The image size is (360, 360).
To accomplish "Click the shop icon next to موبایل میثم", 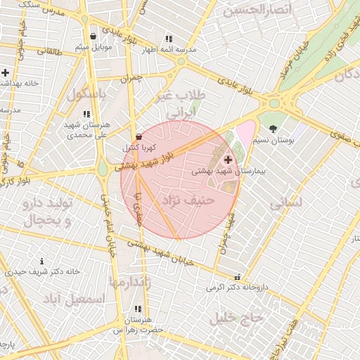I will [93, 37].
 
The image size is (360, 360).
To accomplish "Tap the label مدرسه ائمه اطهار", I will [168, 50].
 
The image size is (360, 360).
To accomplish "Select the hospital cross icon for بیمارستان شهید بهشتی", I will [227, 160].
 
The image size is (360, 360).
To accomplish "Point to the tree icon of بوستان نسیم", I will [273, 128].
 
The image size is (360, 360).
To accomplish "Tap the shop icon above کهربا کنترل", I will [138, 136].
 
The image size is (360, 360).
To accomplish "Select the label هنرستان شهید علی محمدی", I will [85, 128].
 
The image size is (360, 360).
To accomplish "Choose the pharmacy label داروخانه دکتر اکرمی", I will [234, 288].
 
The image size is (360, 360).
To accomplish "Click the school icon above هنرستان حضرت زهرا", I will [138, 309].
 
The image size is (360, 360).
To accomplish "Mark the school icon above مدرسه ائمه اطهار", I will [169, 39].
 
